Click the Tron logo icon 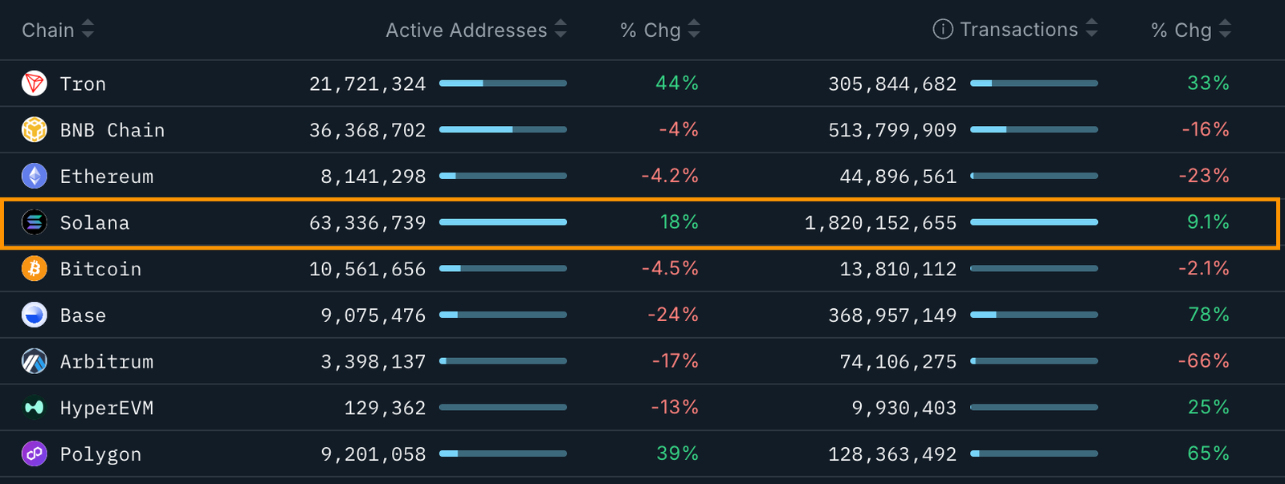(x=35, y=83)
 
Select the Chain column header (x=47, y=31)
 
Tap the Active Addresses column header (x=466, y=31)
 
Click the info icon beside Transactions (x=942, y=30)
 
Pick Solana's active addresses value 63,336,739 (x=367, y=223)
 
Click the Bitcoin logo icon (x=35, y=269)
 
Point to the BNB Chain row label (x=112, y=130)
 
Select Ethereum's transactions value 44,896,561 (x=898, y=177)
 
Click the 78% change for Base (x=1208, y=315)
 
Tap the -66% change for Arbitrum (x=1203, y=361)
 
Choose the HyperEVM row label (x=107, y=408)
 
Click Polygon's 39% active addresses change (x=677, y=453)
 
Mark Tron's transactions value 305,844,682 (x=892, y=84)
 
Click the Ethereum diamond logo (x=35, y=176)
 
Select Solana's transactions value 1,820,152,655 (x=880, y=223)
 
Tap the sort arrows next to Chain (x=88, y=30)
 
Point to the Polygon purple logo (x=35, y=454)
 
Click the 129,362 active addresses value (x=385, y=408)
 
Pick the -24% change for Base (x=672, y=315)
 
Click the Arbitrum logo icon (x=35, y=362)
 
